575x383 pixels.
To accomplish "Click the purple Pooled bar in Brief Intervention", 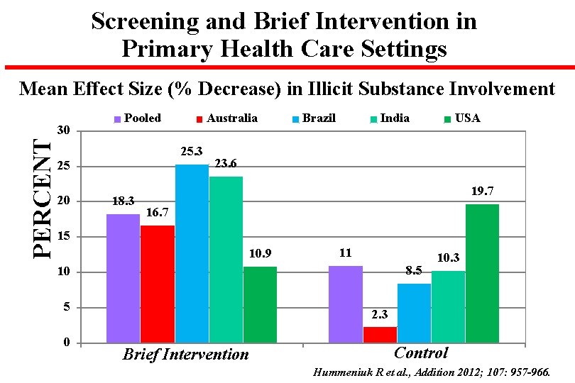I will [123, 278].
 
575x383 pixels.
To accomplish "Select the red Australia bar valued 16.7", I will [157, 284].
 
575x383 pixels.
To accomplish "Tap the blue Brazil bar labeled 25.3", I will [192, 253].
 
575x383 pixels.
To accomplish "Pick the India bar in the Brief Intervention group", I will [226, 260].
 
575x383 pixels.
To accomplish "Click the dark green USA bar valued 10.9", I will [260, 304].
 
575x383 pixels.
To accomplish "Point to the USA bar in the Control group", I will [482, 273].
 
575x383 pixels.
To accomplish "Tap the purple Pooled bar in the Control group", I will [345, 304].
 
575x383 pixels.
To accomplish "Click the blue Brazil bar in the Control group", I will [414, 313].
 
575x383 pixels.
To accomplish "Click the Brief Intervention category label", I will [186, 354].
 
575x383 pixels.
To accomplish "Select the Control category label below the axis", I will [421, 353].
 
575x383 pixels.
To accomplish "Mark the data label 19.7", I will [482, 191].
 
